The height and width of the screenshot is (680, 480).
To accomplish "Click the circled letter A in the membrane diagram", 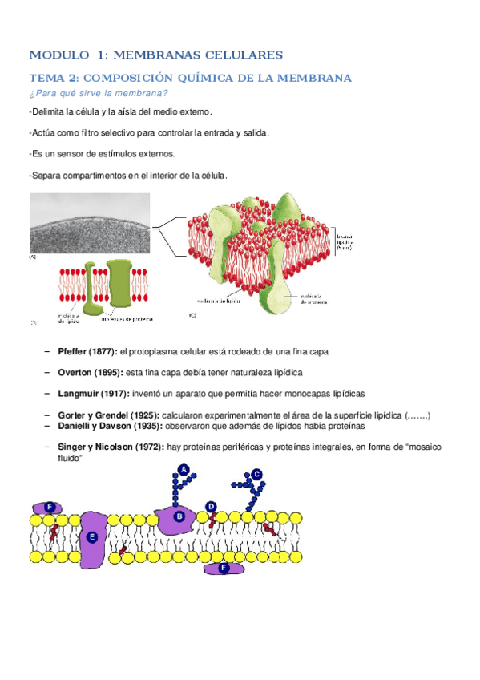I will pyautogui.click(x=183, y=469).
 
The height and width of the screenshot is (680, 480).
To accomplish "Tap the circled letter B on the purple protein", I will pyautogui.click(x=179, y=516).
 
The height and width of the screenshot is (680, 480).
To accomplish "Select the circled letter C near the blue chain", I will pyautogui.click(x=257, y=475).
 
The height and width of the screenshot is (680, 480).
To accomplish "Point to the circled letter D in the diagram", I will pyautogui.click(x=211, y=506).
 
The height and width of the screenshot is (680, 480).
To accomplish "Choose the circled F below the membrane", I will pyautogui.click(x=224, y=568).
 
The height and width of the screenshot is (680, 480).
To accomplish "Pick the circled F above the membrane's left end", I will pyautogui.click(x=50, y=507).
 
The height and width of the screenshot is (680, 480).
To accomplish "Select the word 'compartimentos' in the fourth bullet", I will pyautogui.click(x=91, y=174).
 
